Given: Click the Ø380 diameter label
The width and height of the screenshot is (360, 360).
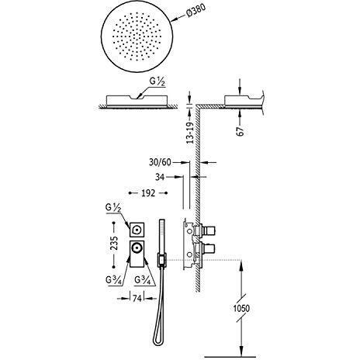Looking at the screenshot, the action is coord(196,11).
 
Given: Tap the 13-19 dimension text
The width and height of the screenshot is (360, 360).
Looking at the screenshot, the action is coord(190,133).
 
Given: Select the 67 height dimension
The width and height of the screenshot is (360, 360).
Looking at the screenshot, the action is coord(241,131).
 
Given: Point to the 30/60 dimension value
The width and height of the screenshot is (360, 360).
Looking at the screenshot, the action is coord(160,162).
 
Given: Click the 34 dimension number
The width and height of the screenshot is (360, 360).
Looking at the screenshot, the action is coord(160,177).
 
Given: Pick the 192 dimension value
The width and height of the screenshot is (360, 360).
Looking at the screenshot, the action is coord(148,193).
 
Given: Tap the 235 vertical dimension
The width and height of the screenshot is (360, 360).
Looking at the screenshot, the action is coord(114,243).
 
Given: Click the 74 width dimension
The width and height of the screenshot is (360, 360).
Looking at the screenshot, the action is coord(137,299).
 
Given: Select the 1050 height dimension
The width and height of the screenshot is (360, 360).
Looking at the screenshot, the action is coord(241,308).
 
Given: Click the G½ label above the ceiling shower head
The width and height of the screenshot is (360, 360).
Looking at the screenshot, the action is coord(157,81).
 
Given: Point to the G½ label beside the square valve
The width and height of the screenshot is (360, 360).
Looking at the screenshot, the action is coord(113,208).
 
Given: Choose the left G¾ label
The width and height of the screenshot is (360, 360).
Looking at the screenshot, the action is coord(113,280).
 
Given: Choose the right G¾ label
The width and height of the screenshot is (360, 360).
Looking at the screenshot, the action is coord(143,280).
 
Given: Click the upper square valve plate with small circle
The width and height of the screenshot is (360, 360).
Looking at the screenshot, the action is coord(137,229).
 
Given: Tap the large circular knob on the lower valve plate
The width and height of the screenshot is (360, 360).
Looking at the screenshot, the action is coord(136,248).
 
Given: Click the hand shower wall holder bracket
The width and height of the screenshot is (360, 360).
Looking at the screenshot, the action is coord(161,260).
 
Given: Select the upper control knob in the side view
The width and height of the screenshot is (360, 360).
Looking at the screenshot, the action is coord(208,229).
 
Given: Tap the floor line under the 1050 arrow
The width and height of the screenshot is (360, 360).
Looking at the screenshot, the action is coord(227,357).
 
